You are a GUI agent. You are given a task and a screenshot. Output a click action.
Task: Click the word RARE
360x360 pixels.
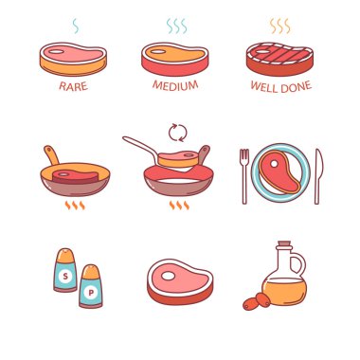pos(73,86)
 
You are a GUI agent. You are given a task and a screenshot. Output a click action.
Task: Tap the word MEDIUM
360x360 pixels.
pos(175,85)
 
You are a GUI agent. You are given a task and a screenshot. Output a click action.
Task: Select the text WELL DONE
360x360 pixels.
pos(281,86)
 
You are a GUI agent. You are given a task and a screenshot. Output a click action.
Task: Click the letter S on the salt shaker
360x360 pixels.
pos(65,277)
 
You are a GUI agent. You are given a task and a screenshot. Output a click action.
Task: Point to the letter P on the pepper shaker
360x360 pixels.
pos(91,293)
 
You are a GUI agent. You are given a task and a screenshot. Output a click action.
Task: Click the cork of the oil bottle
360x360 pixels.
pos(284,245)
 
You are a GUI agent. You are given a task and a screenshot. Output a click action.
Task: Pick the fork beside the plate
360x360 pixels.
pos(244,176)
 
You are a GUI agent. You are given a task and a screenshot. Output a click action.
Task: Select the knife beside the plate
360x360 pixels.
pos(318,176)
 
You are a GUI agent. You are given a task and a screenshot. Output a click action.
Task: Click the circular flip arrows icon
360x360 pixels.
pos(178,133)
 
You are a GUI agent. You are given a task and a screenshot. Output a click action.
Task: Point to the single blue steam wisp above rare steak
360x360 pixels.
pos(76,26)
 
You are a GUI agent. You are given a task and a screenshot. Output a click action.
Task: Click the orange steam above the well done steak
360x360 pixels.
pos(279,27)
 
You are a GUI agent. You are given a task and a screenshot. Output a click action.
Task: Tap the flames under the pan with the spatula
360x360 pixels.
pos(179,206)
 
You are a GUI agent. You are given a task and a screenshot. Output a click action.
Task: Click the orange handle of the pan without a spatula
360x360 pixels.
pos(52,154)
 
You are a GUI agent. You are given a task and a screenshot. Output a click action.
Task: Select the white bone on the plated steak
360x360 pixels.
pos(274,164)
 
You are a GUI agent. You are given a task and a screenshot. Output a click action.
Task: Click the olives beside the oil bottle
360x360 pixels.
pos(257,301)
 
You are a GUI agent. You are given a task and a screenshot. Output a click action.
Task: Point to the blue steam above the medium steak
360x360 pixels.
pos(176,27)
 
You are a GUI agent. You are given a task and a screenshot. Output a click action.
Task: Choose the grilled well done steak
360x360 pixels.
pos(279,59)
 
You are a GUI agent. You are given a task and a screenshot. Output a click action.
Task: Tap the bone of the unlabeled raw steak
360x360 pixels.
pos(168,276)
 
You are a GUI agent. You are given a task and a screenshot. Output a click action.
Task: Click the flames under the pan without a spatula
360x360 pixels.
pos(75,206)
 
